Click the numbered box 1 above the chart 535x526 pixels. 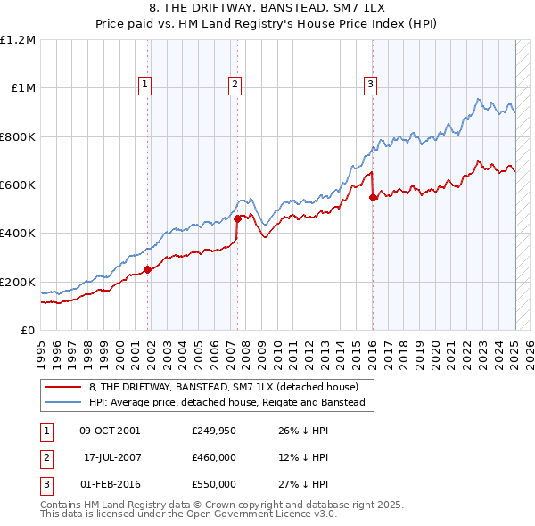144,85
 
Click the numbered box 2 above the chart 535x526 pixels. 234,85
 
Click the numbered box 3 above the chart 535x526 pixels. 369,85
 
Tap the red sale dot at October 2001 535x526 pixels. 148,270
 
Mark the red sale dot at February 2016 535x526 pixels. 373,198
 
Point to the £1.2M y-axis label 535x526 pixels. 18,40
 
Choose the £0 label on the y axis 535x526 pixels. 27,330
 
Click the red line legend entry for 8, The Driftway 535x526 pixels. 223,388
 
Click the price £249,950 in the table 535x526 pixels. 214,431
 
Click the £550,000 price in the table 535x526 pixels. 214,484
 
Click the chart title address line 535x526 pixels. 267,7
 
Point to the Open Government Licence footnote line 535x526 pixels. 189,514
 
